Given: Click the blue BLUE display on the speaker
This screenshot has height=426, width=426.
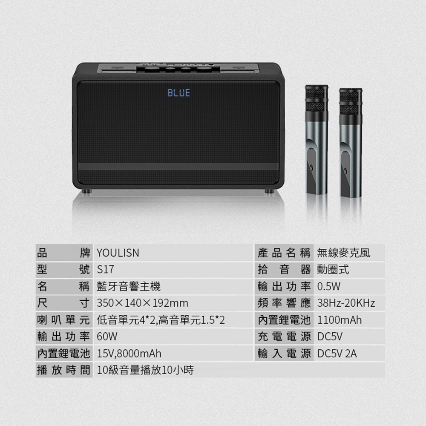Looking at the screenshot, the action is point(178,92).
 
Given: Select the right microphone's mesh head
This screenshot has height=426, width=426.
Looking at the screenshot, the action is point(351,102).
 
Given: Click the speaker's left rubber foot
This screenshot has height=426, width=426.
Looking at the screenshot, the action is point(87,191).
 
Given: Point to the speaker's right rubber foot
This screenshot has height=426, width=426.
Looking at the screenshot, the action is point(269,191).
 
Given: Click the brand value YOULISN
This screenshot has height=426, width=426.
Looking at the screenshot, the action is point(118,253).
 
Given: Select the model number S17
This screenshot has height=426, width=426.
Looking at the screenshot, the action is point(105,270).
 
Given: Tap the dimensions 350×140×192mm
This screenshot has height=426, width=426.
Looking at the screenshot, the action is point(142,303).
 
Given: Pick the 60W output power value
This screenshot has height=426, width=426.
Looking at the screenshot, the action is point(107,337).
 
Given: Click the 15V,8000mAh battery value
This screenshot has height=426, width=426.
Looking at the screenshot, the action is point(129,354).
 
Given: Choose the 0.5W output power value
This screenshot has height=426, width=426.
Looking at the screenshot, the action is point(329,286).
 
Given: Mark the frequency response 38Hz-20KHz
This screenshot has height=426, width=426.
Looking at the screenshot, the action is point(346,303).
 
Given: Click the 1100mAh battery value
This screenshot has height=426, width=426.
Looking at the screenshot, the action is point(340,320).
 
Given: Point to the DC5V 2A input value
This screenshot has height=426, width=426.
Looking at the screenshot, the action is point(337,354).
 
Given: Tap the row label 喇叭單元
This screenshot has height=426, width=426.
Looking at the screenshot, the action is point(63,320).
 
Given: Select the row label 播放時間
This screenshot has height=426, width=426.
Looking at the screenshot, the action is point(63,370).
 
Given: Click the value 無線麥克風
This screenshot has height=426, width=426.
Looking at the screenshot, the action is point(344,253).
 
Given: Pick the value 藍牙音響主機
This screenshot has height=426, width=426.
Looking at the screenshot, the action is point(129,286).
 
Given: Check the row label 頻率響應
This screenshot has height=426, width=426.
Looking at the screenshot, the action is point(284,303).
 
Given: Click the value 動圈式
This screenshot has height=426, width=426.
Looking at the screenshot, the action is point(333,270).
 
